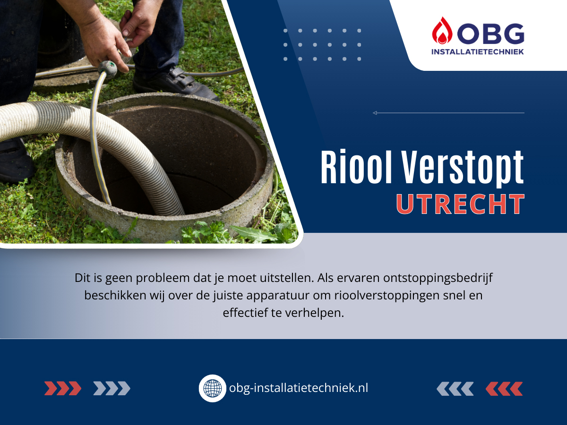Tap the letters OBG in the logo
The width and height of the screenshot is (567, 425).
click(491, 34)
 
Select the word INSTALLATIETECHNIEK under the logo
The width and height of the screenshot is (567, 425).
click(478, 51)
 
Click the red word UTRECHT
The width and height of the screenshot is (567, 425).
click(461, 204)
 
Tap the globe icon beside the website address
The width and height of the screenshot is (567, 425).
click(212, 388)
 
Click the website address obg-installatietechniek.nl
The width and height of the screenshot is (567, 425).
click(299, 388)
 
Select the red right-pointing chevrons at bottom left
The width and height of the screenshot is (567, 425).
click(63, 388)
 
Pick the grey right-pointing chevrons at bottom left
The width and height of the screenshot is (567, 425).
click(112, 388)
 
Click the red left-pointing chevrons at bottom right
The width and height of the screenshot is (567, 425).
click(504, 389)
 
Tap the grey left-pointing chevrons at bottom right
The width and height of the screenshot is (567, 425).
click(455, 389)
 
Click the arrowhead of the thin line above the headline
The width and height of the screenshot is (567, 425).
click(375, 113)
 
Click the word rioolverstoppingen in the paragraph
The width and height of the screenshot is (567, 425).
click(387, 296)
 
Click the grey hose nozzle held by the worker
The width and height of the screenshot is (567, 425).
click(107, 69)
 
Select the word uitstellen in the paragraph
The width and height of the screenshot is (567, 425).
click(287, 278)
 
